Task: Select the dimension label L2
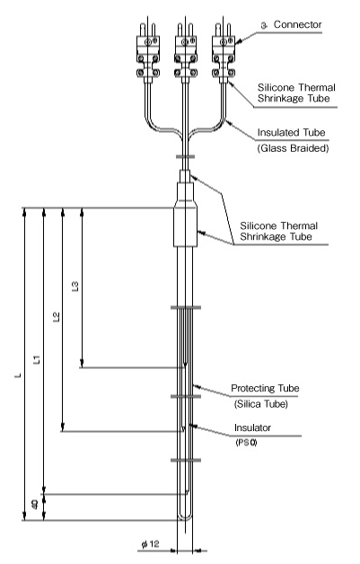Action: click(x=57, y=317)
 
